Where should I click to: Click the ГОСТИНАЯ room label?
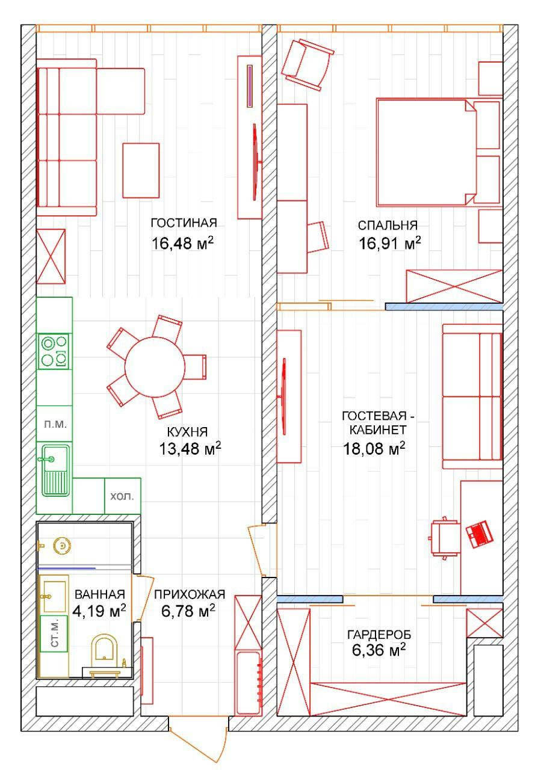pyautogui.click(x=184, y=223)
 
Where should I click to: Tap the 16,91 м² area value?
pyautogui.click(x=389, y=243)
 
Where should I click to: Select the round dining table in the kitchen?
pyautogui.click(x=155, y=367)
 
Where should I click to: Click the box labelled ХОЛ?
pyautogui.click(x=122, y=496)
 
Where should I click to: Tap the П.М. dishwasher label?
pyautogui.click(x=55, y=424)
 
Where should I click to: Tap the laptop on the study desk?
pyautogui.click(x=480, y=535)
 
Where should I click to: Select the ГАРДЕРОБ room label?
pyautogui.click(x=379, y=635)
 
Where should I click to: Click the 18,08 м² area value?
pyautogui.click(x=374, y=448)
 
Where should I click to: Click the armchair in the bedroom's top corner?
pyautogui.click(x=308, y=64)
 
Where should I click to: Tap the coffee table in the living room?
pyautogui.click(x=141, y=170)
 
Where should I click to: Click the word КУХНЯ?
pyautogui.click(x=187, y=432)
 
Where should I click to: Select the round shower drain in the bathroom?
pyautogui.click(x=62, y=546)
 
